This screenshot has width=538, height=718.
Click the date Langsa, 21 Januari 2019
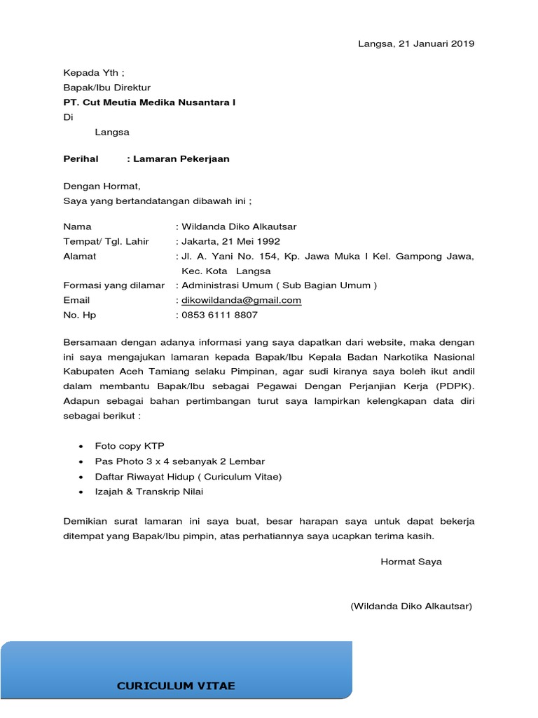(x=416, y=43)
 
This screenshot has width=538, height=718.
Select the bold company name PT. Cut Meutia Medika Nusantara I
(x=149, y=102)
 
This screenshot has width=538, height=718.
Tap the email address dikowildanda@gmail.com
(x=241, y=300)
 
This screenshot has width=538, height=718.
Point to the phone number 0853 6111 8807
(x=219, y=315)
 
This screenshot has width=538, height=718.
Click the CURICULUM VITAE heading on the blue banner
(x=176, y=686)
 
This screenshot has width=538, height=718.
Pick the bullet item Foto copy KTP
(x=130, y=446)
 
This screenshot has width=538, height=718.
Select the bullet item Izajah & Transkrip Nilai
(x=149, y=492)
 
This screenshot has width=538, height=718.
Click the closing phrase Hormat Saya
(x=411, y=562)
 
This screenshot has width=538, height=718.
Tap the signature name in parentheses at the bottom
(x=411, y=606)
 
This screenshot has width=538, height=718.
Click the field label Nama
(x=77, y=226)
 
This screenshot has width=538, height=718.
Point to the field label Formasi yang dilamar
(x=114, y=285)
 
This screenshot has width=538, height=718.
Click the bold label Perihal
(x=81, y=158)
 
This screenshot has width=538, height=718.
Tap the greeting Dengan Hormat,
(x=102, y=187)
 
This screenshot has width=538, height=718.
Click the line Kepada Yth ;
(x=94, y=72)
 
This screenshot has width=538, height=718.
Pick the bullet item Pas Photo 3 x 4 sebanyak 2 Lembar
(x=180, y=461)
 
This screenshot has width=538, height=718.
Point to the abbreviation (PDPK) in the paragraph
(x=455, y=386)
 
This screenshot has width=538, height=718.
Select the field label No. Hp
(x=80, y=315)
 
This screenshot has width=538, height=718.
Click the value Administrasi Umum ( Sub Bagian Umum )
(x=279, y=285)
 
